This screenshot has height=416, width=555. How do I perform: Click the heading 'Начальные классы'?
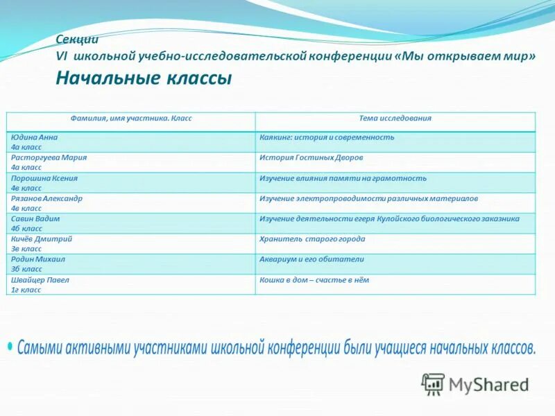pyautogui.click(x=144, y=78)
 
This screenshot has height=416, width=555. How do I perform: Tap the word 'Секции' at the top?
pyautogui.click(x=77, y=40)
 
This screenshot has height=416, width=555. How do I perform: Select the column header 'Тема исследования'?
pyautogui.click(x=395, y=119)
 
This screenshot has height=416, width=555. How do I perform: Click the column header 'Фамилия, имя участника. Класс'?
pyautogui.click(x=131, y=119)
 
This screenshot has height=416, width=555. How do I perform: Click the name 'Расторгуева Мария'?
pyautogui.click(x=49, y=157)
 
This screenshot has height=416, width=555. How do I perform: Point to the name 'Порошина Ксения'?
pyautogui.click(x=44, y=178)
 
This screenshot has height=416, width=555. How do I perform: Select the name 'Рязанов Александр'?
pyautogui.click(x=46, y=198)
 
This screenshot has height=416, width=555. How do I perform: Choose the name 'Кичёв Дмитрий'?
pyautogui.click(x=42, y=239)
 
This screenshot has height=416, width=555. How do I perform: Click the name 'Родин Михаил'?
pyautogui.click(x=38, y=259)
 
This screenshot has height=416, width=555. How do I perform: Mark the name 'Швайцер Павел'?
pyautogui.click(x=40, y=280)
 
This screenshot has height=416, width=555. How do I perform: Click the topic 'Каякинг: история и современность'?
pyautogui.click(x=327, y=137)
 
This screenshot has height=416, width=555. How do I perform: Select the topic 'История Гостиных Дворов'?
pyautogui.click(x=311, y=157)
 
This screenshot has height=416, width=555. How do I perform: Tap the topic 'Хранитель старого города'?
pyautogui.click(x=312, y=239)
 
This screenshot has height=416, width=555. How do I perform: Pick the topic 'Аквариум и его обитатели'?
pyautogui.click(x=311, y=259)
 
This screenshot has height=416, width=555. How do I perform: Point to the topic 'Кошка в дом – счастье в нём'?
pyautogui.click(x=314, y=280)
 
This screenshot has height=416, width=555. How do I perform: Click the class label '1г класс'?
pyautogui.click(x=26, y=290)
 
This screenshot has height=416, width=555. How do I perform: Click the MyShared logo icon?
pyautogui.click(x=434, y=384)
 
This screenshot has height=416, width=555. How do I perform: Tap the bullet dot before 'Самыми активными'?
pyautogui.click(x=10, y=345)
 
